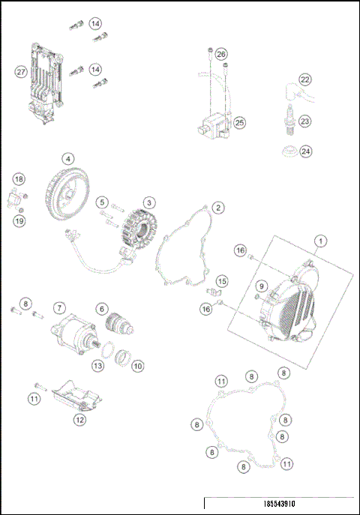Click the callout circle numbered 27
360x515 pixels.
[x=21, y=72]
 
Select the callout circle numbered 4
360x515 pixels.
[x=68, y=159]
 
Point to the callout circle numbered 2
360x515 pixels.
[x=217, y=207]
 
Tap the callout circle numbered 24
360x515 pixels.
[x=304, y=151]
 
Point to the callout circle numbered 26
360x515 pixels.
[x=220, y=55]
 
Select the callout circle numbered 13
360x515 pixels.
[x=97, y=365]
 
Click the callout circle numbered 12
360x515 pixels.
[x=79, y=421]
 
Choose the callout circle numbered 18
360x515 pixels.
[x=19, y=179]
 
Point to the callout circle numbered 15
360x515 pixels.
[x=220, y=281]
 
